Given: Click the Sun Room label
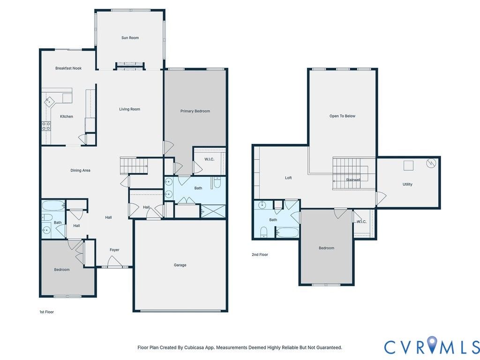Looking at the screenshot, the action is point(130,37).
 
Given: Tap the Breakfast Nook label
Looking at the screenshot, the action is point(68,68).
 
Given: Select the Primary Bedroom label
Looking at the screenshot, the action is point(195,111).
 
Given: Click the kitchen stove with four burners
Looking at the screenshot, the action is point(46,126).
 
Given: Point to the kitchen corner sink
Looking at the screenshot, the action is point(49,101).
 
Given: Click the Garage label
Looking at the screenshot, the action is point(180,265).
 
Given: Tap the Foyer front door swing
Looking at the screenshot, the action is point(114,261).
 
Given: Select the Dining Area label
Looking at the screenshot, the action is point(80,171).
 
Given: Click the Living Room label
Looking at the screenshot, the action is point(129,109).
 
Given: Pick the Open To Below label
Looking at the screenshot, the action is point(342,116).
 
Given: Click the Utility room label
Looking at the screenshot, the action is point(407,184).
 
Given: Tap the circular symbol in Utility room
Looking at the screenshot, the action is point(431,163).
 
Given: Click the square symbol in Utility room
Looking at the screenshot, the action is point(408,165).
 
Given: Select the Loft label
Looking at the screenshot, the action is point(288,178).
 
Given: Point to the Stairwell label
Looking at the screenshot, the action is point(353,180).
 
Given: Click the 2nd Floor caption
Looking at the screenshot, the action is point(260,255).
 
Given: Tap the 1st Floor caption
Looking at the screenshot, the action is point(46,312).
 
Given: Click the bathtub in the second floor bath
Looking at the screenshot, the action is point(287,232).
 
